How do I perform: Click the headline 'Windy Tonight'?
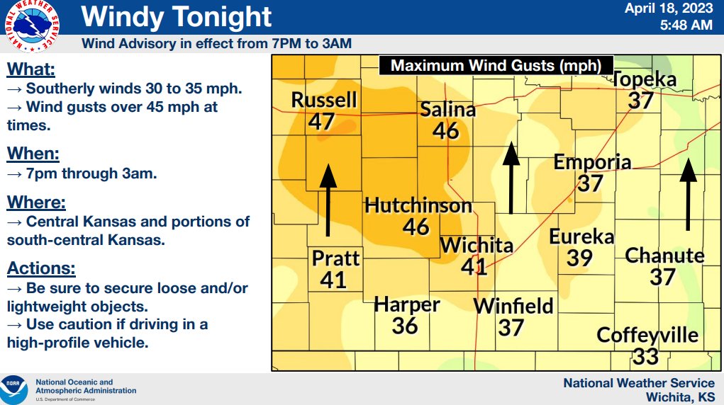[x=177, y=16]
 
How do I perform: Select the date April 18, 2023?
[x=669, y=9]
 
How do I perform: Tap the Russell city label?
[x=324, y=101]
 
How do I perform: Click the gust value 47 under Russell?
[x=321, y=121]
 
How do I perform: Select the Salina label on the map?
[x=447, y=110]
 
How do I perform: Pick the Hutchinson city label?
[x=418, y=206]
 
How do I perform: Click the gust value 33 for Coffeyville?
[x=646, y=355]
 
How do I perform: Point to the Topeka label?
[x=645, y=80]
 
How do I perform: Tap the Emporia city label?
[x=592, y=162]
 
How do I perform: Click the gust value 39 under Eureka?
[x=579, y=258]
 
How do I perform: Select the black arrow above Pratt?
[x=328, y=200]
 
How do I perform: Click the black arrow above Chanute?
[x=688, y=195]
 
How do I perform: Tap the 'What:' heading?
[x=30, y=70]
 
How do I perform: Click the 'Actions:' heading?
[x=41, y=269]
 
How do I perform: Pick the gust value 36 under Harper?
[x=405, y=326]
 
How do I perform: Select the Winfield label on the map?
[x=513, y=307]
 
